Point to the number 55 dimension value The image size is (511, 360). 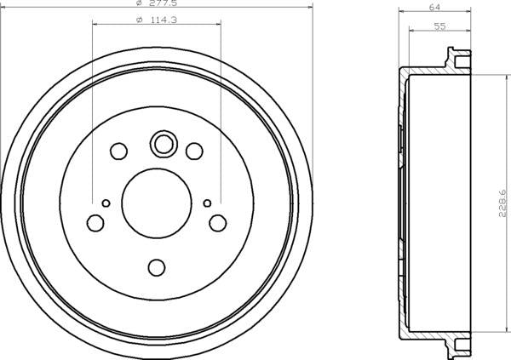tap(439, 26)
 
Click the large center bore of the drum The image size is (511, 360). tap(155, 203)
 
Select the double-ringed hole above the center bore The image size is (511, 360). tap(162, 144)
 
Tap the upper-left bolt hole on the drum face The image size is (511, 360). tap(118, 151)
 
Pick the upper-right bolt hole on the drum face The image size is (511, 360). tap(194, 151)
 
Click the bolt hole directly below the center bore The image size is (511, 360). tap(156, 268)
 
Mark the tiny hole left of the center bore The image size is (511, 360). tap(106, 203)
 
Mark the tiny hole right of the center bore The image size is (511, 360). tap(207, 203)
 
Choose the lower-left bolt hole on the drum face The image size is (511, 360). tap(95, 223)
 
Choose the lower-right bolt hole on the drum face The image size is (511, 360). tap(218, 223)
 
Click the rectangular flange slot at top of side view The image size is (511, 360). tap(461, 61)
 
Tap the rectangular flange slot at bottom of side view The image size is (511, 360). tap(461, 345)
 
